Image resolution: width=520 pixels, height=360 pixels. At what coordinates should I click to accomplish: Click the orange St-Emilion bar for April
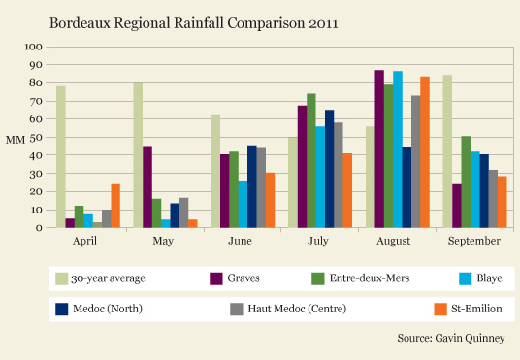tap(115, 206)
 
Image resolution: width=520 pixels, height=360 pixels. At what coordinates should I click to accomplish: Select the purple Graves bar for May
tap(147, 187)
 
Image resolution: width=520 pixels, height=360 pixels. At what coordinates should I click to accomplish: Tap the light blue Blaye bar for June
tap(243, 205)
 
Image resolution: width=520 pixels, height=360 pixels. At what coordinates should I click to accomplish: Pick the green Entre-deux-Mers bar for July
tap(311, 160)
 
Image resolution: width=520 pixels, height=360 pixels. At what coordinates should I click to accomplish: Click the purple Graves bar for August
tap(379, 149)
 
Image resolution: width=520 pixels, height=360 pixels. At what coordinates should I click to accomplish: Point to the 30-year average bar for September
tap(447, 151)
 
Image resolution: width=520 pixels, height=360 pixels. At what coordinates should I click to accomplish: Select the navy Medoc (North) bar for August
tap(406, 187)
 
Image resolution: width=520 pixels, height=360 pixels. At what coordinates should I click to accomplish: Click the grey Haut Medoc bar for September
tap(493, 199)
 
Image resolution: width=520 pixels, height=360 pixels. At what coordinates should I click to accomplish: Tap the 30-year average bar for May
tap(138, 155)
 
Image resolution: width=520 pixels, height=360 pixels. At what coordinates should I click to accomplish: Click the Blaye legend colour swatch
tap(465, 278)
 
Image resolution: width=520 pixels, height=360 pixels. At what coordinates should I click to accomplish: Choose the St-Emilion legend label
tap(476, 309)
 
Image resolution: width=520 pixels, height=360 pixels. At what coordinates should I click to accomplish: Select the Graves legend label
tap(244, 278)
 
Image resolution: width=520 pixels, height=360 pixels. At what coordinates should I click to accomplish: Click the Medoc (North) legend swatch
tap(62, 310)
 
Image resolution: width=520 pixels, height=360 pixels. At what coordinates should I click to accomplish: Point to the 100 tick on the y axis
tap(34, 47)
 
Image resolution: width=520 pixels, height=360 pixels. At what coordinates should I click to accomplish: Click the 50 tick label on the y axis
tap(36, 138)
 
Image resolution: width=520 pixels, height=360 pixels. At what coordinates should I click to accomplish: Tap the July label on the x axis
tap(317, 241)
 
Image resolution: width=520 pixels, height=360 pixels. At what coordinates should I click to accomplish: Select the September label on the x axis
tap(473, 241)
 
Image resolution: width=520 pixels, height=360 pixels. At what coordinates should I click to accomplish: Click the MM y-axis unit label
tap(16, 140)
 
